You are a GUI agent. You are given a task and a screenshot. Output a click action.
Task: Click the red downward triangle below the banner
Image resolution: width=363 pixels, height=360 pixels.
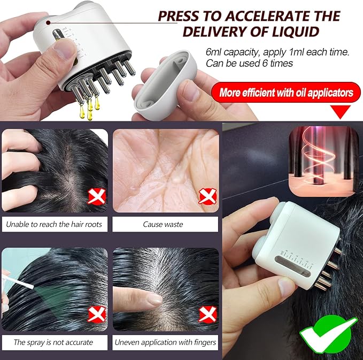(341, 111)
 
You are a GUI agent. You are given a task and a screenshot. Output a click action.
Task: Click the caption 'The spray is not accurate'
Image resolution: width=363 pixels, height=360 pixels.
(53, 342)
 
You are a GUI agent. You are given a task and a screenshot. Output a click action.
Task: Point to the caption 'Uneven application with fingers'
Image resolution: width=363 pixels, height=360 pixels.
(166, 342)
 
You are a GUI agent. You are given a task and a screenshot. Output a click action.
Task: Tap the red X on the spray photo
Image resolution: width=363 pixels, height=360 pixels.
(97, 314)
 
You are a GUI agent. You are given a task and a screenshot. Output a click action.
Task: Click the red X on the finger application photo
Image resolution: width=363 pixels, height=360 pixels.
(206, 314)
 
